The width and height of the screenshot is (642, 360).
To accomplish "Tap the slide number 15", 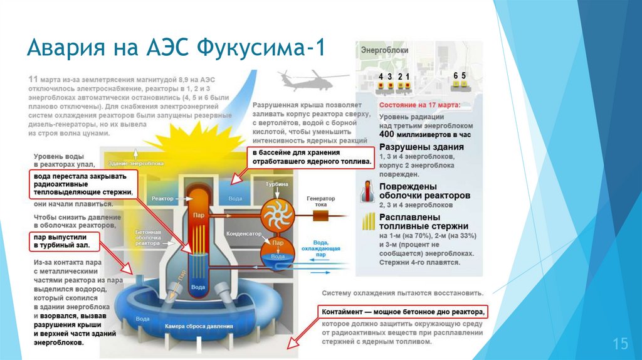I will click(x=620, y=343).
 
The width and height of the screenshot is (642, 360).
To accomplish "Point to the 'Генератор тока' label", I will click(x=320, y=201).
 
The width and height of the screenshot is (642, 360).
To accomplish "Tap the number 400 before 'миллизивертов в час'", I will click(x=387, y=134).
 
